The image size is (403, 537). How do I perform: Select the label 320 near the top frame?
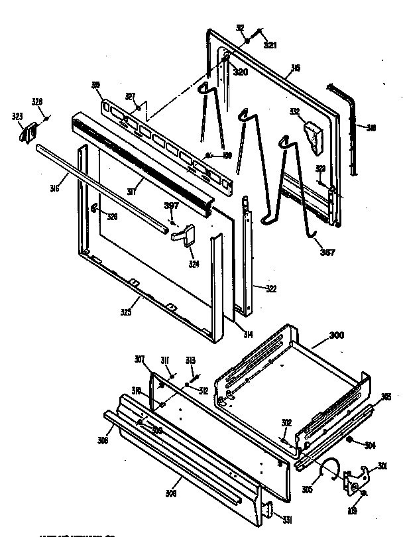coord(240,72)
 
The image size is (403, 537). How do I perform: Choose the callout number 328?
coord(37,101)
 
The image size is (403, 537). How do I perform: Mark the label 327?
coord(131,96)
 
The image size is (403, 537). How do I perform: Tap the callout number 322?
coord(272,288)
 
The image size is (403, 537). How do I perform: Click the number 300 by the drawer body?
coord(337,336)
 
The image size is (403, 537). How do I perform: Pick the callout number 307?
coord(140,360)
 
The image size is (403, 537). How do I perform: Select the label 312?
coord(203,390)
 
